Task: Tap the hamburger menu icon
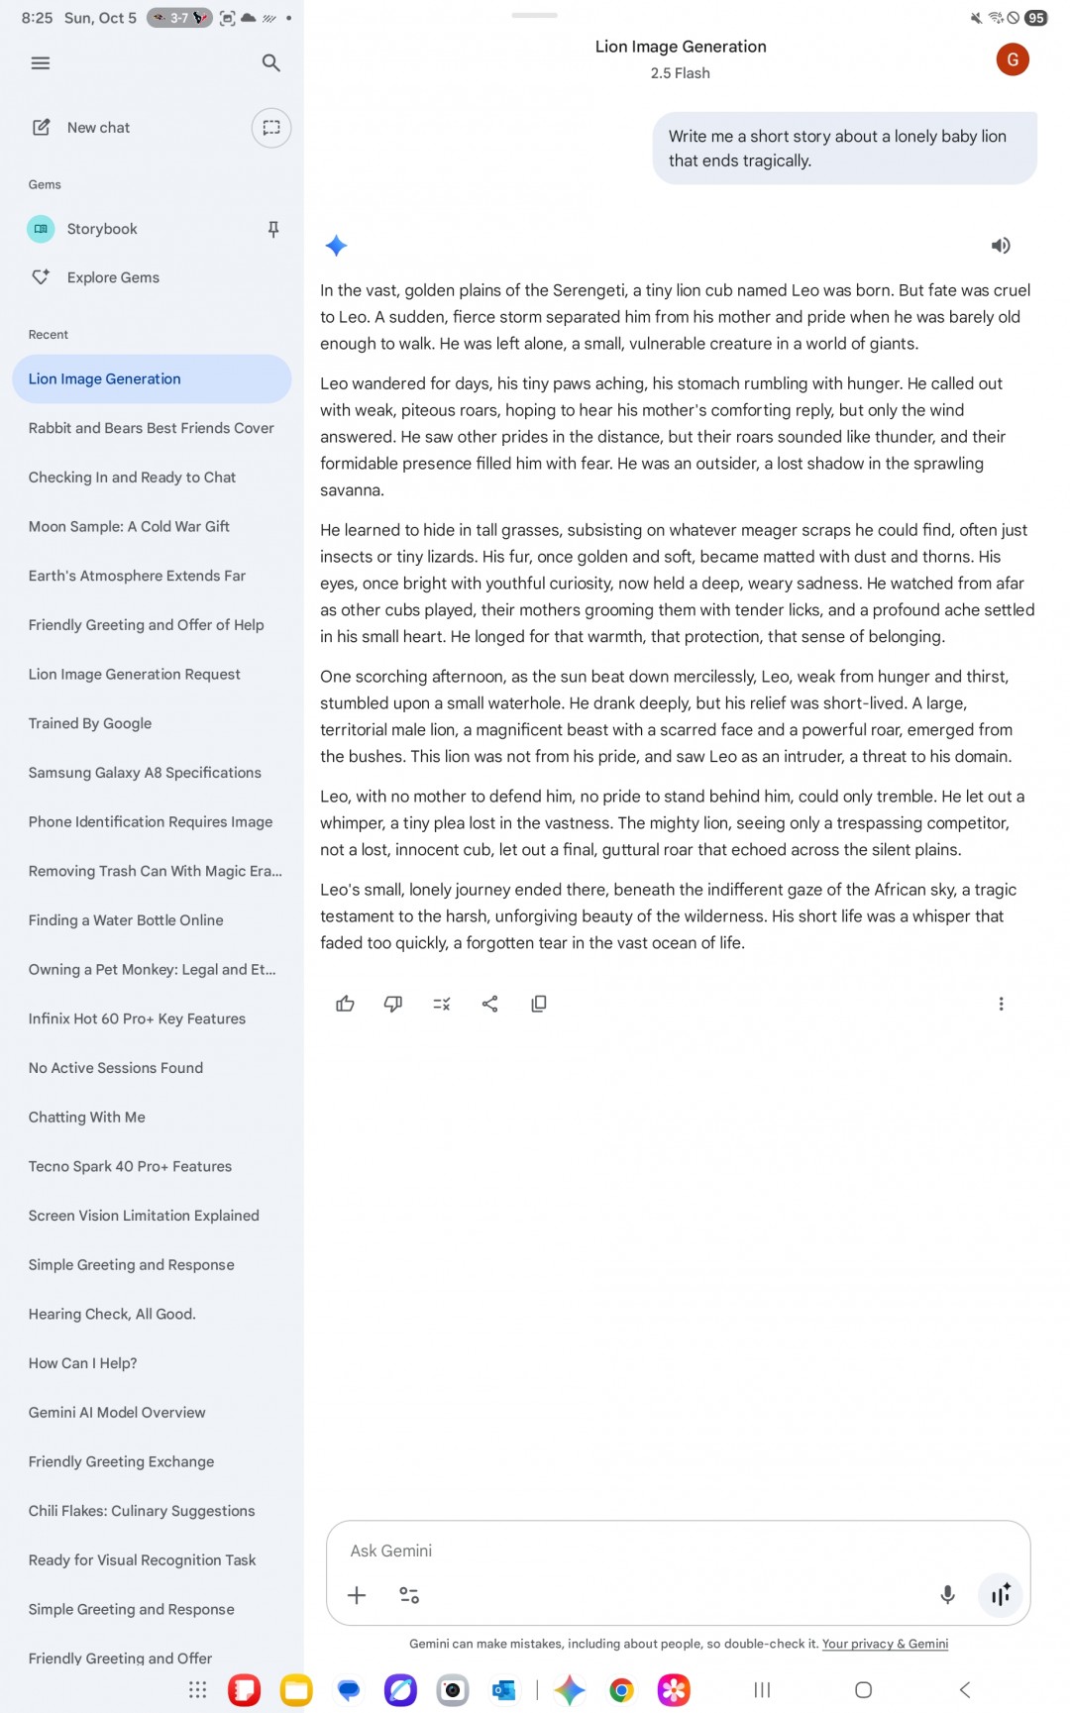tap(41, 63)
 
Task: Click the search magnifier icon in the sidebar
tap(270, 63)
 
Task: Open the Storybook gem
tap(102, 229)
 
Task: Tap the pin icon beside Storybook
tap(273, 229)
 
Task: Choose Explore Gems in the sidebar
tap(113, 277)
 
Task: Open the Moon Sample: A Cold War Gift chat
tap(129, 526)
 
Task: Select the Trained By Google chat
tap(90, 723)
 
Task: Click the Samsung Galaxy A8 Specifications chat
tap(145, 773)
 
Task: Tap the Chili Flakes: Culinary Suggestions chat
tap(142, 1511)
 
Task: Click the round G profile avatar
tap(1013, 59)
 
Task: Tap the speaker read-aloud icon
tap(1001, 246)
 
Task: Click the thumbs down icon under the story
tap(393, 1004)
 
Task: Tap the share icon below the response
tap(489, 1004)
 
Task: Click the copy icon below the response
tap(539, 1004)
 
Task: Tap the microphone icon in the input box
tap(947, 1595)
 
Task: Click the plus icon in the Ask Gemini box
tap(357, 1595)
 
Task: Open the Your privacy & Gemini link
tap(885, 1644)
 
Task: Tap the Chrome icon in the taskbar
tap(621, 1690)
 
